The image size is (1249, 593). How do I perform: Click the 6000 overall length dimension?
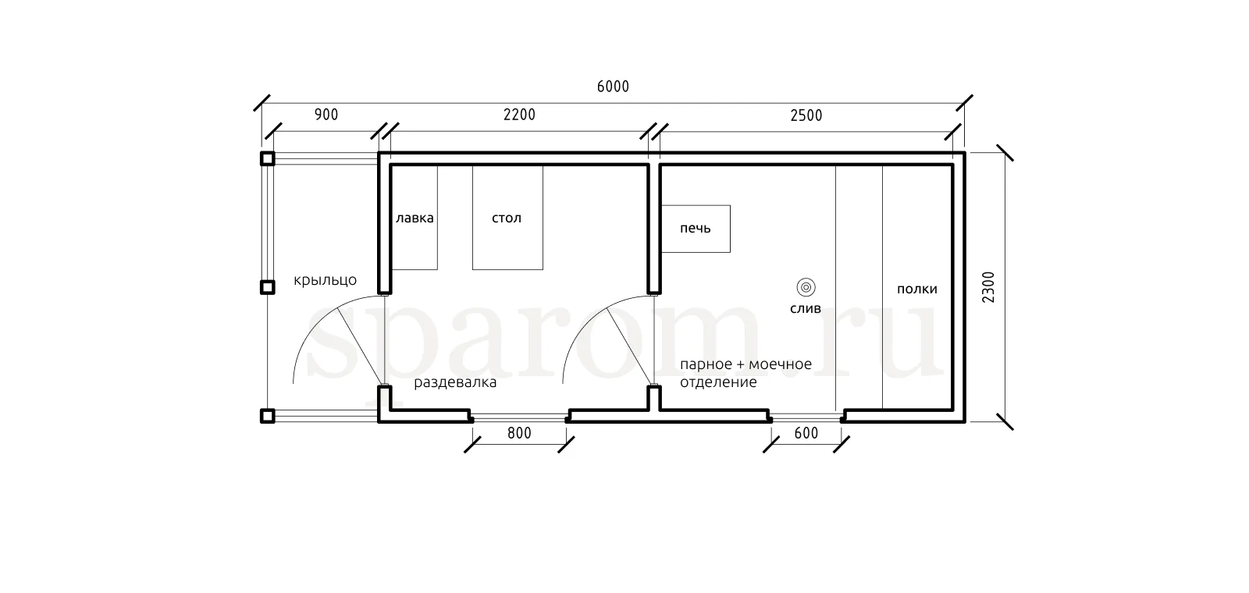613,87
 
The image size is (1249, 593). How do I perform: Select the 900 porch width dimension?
326,114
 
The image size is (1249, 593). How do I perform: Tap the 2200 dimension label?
519,114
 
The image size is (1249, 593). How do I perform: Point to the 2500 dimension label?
806,115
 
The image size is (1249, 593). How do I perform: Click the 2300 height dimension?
988,287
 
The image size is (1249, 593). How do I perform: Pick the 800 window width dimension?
519,433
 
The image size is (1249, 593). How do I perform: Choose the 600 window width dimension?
806,433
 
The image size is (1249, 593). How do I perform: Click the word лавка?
415,218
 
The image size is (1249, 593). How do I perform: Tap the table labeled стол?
507,218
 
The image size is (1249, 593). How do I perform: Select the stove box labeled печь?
696,229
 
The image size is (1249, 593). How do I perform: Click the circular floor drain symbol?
806,288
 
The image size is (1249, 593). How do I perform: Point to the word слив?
805,309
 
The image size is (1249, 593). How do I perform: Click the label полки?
916,289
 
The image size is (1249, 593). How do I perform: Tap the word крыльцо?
325,280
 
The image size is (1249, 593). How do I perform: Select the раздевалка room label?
455,383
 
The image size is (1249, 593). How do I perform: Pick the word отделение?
718,382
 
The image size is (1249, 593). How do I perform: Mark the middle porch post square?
268,287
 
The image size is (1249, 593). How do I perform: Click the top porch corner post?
268,159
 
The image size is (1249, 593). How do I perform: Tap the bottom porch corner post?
268,416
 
